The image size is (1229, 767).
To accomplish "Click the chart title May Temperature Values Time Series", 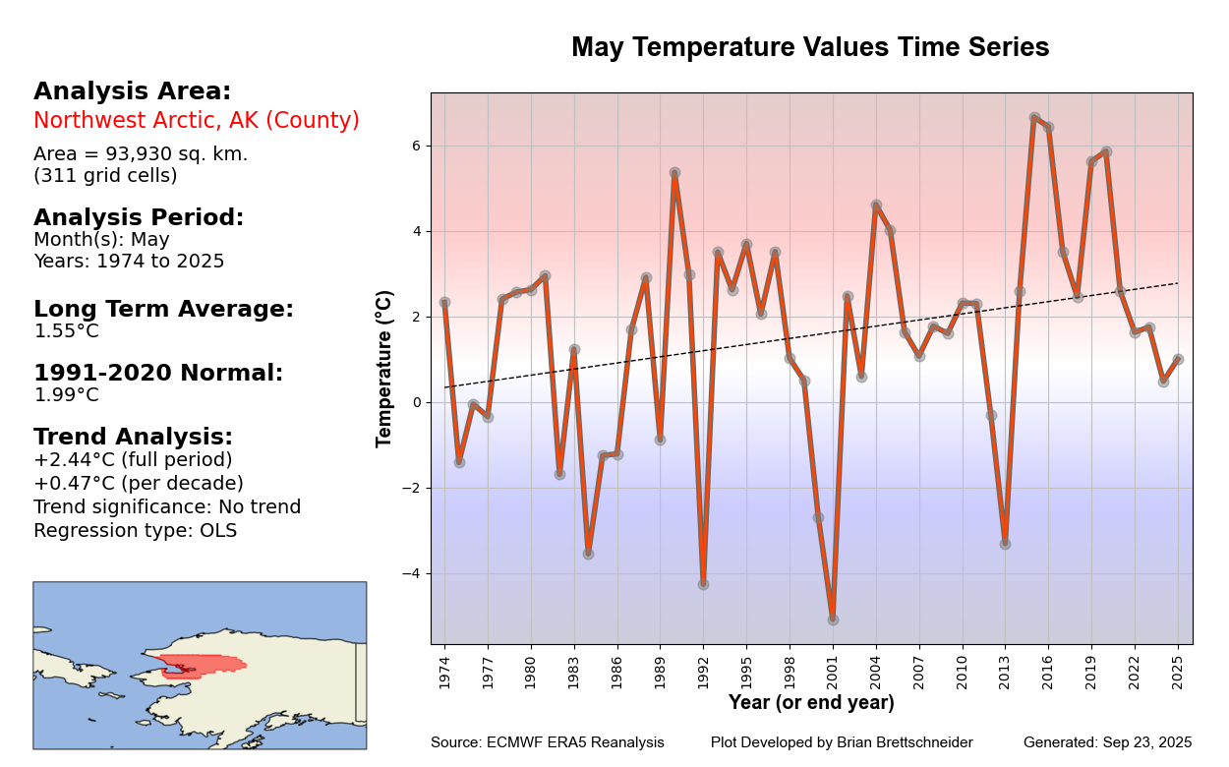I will point(810,47).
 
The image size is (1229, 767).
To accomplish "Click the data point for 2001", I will point(833,619).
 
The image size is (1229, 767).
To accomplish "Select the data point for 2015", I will point(1034,118).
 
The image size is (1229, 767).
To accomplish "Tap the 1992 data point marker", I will point(703,584).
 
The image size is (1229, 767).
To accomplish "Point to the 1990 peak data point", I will point(674,172).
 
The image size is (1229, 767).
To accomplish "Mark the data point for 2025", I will point(1178,359).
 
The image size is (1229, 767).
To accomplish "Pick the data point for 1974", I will point(444,302).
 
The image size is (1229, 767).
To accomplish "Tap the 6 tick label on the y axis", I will point(416,146).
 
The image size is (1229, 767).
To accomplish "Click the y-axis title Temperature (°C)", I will point(384,369).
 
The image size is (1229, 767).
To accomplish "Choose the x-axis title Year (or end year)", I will point(811,703).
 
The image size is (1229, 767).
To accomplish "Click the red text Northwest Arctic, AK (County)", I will point(197,121).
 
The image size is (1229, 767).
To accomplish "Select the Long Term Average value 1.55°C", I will point(67,331).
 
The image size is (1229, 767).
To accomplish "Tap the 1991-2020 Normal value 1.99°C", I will point(67,395).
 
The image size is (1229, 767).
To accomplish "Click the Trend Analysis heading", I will point(133,437).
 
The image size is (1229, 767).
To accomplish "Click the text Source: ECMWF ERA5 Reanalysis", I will point(547,742).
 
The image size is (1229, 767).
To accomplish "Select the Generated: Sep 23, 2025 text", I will point(1107,742).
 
